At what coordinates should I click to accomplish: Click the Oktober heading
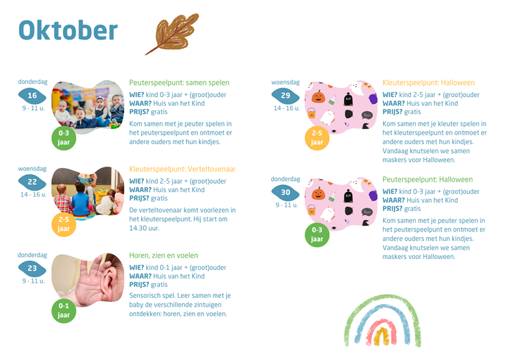pyautogui.click(x=68, y=30)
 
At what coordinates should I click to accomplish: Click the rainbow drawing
pyautogui.click(x=382, y=321)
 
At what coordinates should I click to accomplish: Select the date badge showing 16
pyautogui.click(x=32, y=96)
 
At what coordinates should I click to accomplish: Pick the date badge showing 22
pyautogui.click(x=32, y=182)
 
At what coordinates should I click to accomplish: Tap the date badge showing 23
pyautogui.click(x=32, y=268)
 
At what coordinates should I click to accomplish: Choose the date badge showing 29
pyautogui.click(x=285, y=96)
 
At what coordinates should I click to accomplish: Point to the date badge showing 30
pyautogui.click(x=285, y=193)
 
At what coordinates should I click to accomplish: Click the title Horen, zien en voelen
pyautogui.click(x=164, y=255)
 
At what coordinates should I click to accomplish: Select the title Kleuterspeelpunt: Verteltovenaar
pyautogui.click(x=182, y=169)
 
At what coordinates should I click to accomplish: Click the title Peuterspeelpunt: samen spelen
pyautogui.click(x=179, y=83)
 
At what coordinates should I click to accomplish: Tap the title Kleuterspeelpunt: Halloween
pyautogui.click(x=428, y=83)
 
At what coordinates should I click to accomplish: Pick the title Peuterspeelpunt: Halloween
pyautogui.click(x=427, y=180)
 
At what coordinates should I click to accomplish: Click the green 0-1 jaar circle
pyautogui.click(x=63, y=311)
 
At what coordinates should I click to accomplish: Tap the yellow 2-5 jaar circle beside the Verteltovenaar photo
pyautogui.click(x=63, y=225)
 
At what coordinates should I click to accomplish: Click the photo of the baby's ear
pyautogui.click(x=88, y=279)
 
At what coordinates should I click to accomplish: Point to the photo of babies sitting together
pyautogui.click(x=88, y=107)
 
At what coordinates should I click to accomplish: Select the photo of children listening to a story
pyautogui.click(x=88, y=193)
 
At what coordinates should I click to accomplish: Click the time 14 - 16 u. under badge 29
pyautogui.click(x=286, y=108)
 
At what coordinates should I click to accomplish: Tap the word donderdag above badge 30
pyautogui.click(x=285, y=179)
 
